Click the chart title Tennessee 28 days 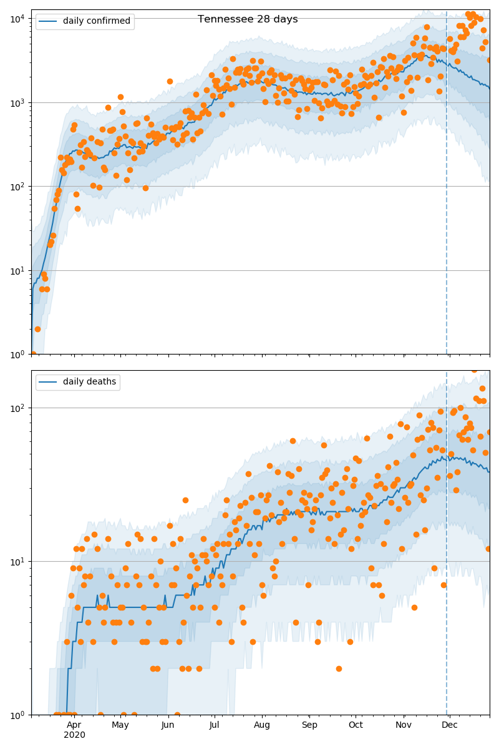point(248,19)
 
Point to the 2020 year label point(74,735)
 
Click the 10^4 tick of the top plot point(16,18)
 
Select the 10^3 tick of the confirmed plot point(16,102)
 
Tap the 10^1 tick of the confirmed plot point(16,270)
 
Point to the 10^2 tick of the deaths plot point(16,408)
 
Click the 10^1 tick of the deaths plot point(16,561)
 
